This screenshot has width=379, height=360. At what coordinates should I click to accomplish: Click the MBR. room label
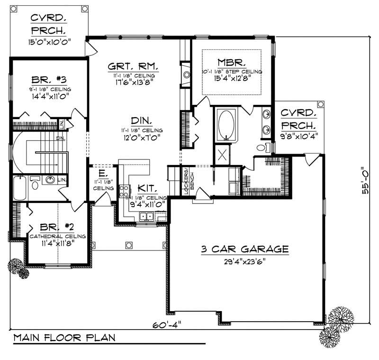click(x=231, y=62)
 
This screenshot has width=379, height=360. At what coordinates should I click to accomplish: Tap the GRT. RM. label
click(x=133, y=66)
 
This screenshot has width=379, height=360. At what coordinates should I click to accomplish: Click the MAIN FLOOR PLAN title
click(x=64, y=338)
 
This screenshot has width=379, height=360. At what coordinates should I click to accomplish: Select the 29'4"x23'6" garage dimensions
click(x=244, y=261)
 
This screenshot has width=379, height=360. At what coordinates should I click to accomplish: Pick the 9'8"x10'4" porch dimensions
click(x=299, y=135)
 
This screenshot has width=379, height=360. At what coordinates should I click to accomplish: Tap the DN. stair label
click(x=59, y=139)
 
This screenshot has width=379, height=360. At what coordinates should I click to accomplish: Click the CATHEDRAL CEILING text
click(x=57, y=236)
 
